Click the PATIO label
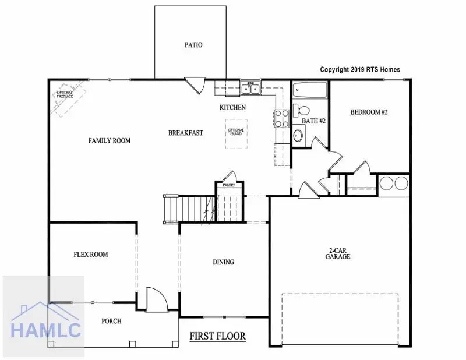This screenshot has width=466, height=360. tap(193, 44)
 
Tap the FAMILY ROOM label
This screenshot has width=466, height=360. tap(109, 141)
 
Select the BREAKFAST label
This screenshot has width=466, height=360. tap(186, 133)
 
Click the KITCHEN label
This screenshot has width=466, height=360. tap(232, 107)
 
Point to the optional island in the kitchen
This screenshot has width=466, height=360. tap(236, 133)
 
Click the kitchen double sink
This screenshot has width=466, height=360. tap(251, 89)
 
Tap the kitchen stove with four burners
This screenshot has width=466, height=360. tap(281, 118)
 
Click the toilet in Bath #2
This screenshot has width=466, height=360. tap(302, 110)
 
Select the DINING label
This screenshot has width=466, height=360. tap(223, 262)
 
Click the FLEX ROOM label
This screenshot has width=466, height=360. tap(90, 255)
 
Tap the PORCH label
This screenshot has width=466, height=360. tap(111, 321)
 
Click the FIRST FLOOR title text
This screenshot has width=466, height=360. tap(218, 336)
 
